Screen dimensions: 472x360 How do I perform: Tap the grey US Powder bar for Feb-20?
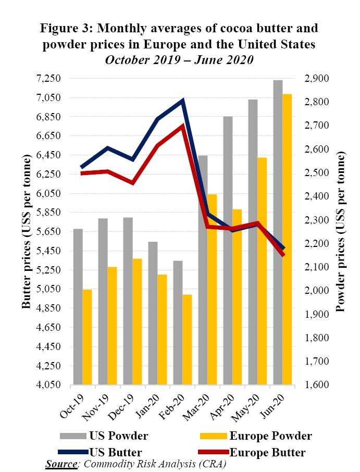[178, 322]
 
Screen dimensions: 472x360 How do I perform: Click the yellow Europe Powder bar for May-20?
[262, 271]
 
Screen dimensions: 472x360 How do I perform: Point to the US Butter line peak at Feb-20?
[182, 101]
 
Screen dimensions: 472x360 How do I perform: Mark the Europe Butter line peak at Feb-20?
[182, 126]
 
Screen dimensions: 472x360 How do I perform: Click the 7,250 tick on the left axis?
[48, 79]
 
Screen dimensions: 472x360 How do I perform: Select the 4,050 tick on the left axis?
[48, 386]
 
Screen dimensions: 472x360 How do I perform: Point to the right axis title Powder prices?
[341, 232]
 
